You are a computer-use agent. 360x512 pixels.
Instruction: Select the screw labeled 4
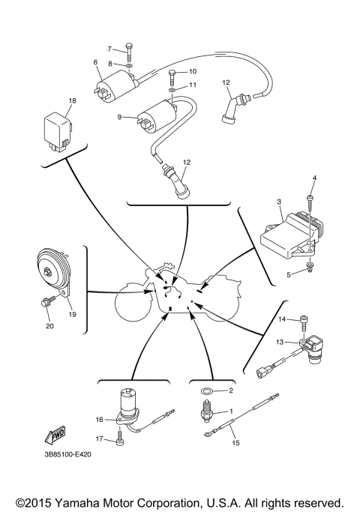[308, 202]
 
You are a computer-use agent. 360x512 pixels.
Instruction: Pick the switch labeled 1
[204, 412]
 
